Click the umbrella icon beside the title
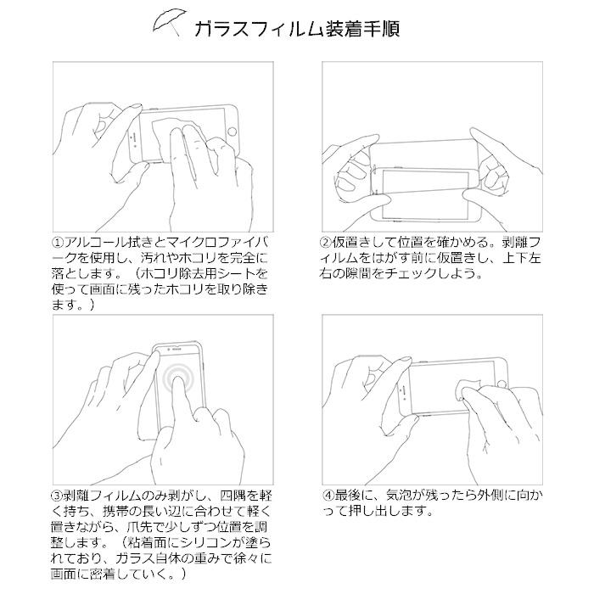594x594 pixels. [x=167, y=25]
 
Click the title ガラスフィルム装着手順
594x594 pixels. [x=296, y=27]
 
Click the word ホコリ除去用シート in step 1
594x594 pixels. [x=200, y=275]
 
